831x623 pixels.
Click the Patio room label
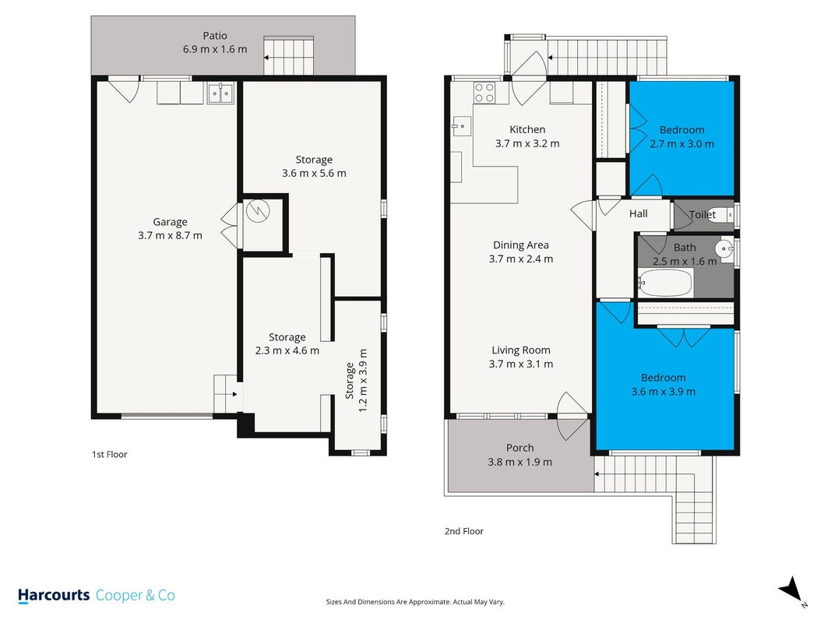pos(215,36)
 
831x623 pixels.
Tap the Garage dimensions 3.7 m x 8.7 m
pos(170,235)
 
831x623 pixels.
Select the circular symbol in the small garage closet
pos(258,211)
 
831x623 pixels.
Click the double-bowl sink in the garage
pos(220,93)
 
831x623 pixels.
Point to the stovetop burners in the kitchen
pos(484,93)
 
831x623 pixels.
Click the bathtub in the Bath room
pos(665,283)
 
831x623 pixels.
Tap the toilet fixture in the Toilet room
pos(723,215)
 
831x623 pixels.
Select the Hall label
pos(638,213)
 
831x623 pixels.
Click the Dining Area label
pos(521,245)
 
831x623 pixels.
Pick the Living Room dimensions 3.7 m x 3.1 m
pos(521,364)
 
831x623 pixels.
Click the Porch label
pos(520,448)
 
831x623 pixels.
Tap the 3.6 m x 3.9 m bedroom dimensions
pos(663,392)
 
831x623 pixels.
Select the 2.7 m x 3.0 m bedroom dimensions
pos(681,143)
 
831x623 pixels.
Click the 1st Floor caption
pos(110,454)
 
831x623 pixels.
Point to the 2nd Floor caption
pos(463,531)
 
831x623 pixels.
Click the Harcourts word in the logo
pos(54,596)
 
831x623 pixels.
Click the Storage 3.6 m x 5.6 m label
pos(314,167)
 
